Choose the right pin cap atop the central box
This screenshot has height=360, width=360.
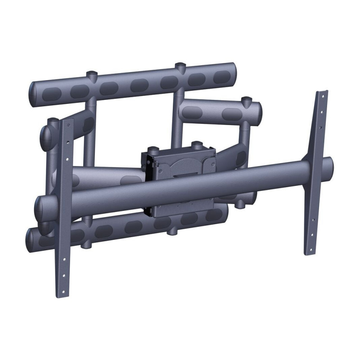pos(196,145)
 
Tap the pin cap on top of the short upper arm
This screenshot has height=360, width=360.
pos(245,99)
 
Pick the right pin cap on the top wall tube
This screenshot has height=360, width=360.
pos(180,66)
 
